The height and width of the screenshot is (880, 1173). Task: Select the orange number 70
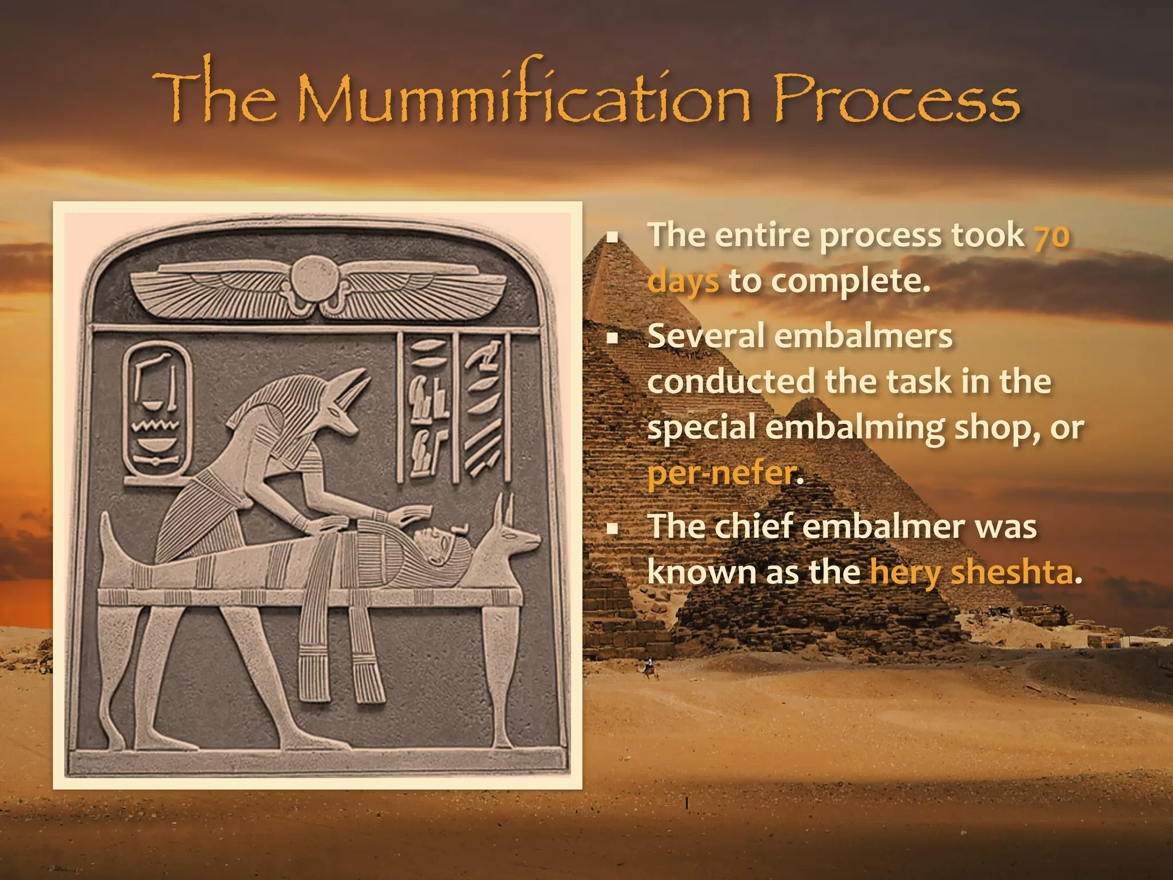pyautogui.click(x=1052, y=236)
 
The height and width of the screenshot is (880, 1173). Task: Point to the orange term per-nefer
pyautogui.click(x=722, y=473)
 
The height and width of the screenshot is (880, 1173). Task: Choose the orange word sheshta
pyautogui.click(x=1011, y=572)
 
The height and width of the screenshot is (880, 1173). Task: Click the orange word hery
pyautogui.click(x=905, y=572)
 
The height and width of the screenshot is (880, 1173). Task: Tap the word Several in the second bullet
pyautogui.click(x=706, y=336)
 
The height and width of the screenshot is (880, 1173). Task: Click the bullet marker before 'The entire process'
pyautogui.click(x=613, y=237)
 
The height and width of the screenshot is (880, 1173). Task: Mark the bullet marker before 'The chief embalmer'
pyautogui.click(x=613, y=528)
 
